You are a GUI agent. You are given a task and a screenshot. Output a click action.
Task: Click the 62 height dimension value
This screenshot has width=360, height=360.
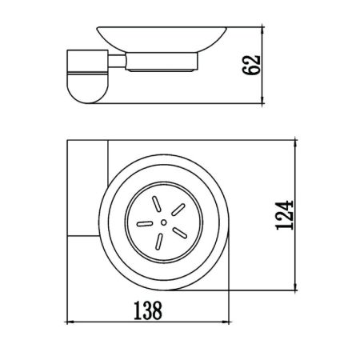click(x=251, y=65)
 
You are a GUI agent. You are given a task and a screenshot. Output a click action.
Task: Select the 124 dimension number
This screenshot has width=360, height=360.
click(x=284, y=215)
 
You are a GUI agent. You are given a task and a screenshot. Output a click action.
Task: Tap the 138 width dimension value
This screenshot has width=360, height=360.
click(x=147, y=310)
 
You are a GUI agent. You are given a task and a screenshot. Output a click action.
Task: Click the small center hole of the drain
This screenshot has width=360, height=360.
click(x=164, y=222)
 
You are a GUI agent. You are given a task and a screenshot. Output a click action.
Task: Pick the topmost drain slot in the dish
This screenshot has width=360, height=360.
click(x=156, y=204)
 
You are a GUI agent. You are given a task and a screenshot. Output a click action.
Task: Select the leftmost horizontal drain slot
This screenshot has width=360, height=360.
click(x=145, y=224)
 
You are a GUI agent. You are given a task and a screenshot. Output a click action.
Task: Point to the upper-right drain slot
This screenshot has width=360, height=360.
click(x=178, y=210)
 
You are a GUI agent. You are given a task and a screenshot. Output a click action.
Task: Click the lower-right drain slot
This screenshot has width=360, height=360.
click(x=180, y=233)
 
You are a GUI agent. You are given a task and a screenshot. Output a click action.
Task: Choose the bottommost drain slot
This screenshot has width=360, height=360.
click(x=159, y=242)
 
